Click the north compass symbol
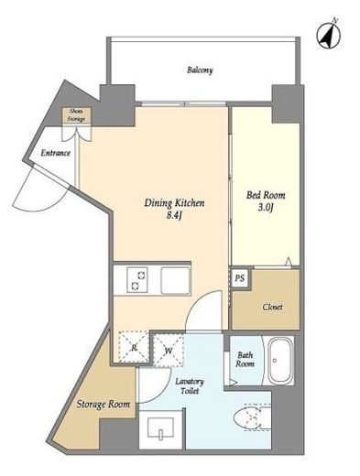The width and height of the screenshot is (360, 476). tap(329, 36)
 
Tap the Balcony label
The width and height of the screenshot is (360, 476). tap(200, 70)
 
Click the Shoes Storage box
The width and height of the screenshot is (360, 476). tap(76, 115)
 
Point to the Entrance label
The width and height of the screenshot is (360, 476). tap(56, 153)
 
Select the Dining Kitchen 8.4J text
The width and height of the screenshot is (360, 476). tap(174, 209)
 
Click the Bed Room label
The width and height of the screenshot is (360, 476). tap(266, 195)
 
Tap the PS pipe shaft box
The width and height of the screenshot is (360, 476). tap(240, 278)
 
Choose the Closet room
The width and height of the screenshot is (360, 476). tap(266, 299)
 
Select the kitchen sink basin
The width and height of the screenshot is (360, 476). tap(176, 280)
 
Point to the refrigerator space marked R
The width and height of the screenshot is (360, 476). tap(134, 347)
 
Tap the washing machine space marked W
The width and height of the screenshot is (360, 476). tap(169, 351)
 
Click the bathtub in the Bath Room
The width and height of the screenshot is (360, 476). tap(280, 360)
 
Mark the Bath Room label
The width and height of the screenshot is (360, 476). tap(245, 359)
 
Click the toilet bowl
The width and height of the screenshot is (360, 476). tap(252, 417)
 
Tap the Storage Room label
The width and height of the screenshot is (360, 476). tap(104, 405)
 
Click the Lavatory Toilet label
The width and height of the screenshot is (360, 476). tap(190, 386)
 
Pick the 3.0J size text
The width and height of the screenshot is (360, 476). tap(266, 208)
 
